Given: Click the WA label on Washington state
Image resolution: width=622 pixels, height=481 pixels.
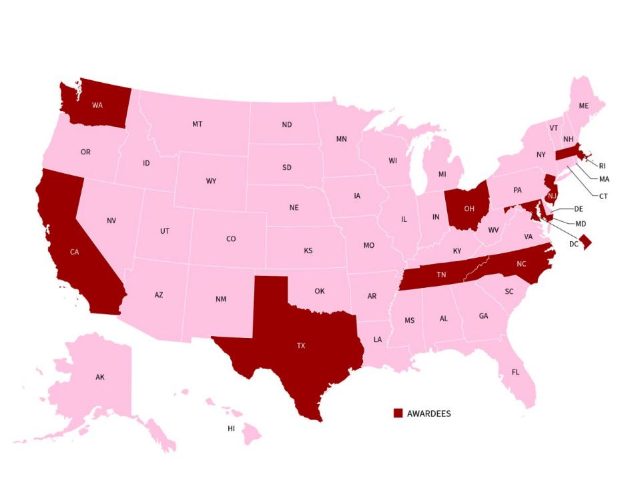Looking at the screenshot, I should (x=97, y=105).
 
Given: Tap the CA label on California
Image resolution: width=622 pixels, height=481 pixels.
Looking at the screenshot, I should (x=75, y=252).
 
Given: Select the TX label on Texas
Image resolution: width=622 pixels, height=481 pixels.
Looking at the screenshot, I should (x=301, y=346).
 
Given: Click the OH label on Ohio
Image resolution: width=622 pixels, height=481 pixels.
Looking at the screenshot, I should (x=469, y=208).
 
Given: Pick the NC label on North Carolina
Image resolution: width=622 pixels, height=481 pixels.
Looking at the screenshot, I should (x=521, y=264).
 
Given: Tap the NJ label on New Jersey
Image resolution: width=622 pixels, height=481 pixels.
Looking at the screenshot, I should (x=552, y=196).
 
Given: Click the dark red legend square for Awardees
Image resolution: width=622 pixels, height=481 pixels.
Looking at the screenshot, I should (x=398, y=414).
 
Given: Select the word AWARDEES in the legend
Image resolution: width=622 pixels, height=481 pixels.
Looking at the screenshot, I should (x=428, y=414).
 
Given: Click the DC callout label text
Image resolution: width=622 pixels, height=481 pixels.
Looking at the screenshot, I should (x=573, y=244).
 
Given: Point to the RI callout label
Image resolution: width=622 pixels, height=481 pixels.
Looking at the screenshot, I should (x=602, y=166).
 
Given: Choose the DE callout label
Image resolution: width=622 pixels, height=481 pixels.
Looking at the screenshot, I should (x=579, y=209).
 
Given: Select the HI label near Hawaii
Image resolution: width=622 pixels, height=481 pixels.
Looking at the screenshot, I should (x=232, y=428).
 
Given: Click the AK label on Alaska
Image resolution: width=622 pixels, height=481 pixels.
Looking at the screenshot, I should (x=99, y=377).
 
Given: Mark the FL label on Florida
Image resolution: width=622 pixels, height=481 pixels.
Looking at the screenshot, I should (x=515, y=371).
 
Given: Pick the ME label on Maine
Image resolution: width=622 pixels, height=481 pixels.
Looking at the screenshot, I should (x=584, y=106).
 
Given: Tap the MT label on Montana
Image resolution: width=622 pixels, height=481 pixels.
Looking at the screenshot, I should (x=198, y=124).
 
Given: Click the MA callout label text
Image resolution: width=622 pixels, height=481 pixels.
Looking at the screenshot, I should (x=604, y=179).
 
